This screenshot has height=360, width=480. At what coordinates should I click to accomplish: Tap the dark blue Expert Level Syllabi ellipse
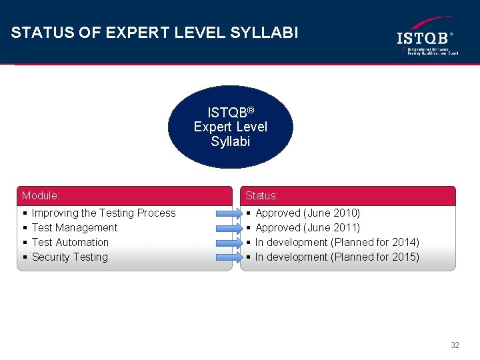(230, 127)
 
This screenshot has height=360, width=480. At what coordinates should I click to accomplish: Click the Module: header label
(41, 196)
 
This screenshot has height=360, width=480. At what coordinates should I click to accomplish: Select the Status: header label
(262, 196)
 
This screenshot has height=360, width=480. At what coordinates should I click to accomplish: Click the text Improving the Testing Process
(103, 213)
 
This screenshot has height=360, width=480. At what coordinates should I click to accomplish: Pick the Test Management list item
(74, 228)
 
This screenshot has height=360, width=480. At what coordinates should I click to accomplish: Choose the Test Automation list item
(70, 243)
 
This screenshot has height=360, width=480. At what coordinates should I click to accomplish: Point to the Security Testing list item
(69, 257)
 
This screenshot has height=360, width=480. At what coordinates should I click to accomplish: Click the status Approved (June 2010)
(307, 213)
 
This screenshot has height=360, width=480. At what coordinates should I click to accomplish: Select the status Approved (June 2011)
(307, 228)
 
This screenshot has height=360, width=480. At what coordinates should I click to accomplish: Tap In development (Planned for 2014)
(337, 243)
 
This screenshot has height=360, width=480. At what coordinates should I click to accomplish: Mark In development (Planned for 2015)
(337, 257)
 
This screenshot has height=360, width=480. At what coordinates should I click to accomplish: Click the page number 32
(455, 345)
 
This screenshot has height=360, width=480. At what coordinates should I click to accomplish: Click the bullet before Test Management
(25, 228)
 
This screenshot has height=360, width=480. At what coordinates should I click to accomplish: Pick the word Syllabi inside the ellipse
(230, 141)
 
